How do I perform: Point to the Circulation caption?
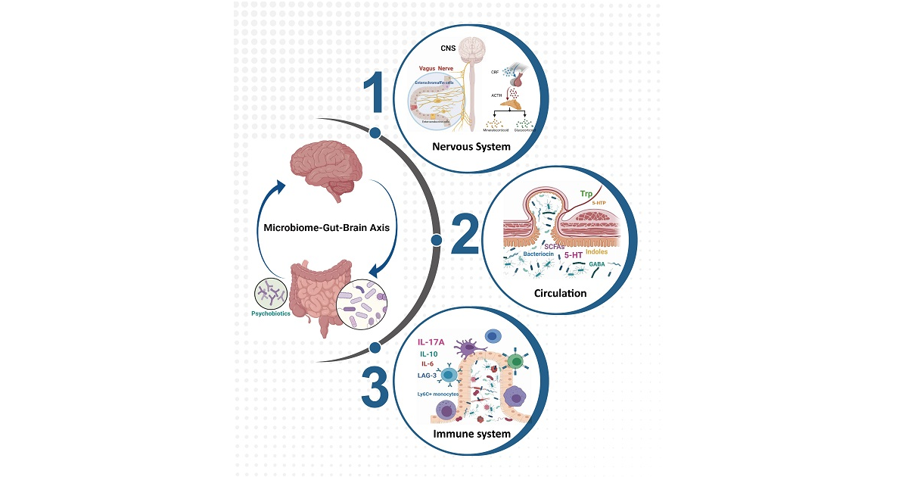(560, 292)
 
